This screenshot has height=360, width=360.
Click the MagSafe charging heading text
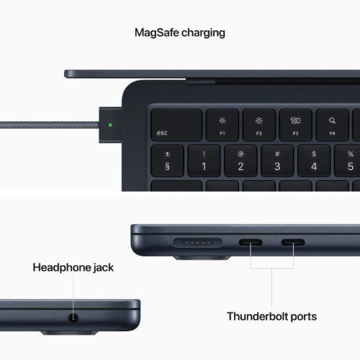[x=180, y=32]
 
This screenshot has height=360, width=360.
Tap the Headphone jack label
[x=73, y=268]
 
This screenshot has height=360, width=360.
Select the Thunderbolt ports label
[x=271, y=316]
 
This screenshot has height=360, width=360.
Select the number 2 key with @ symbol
[x=241, y=161]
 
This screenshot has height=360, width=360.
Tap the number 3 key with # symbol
[x=277, y=161]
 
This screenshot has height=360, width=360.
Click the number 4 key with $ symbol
[x=313, y=161]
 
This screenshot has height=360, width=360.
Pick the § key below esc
[x=168, y=161]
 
